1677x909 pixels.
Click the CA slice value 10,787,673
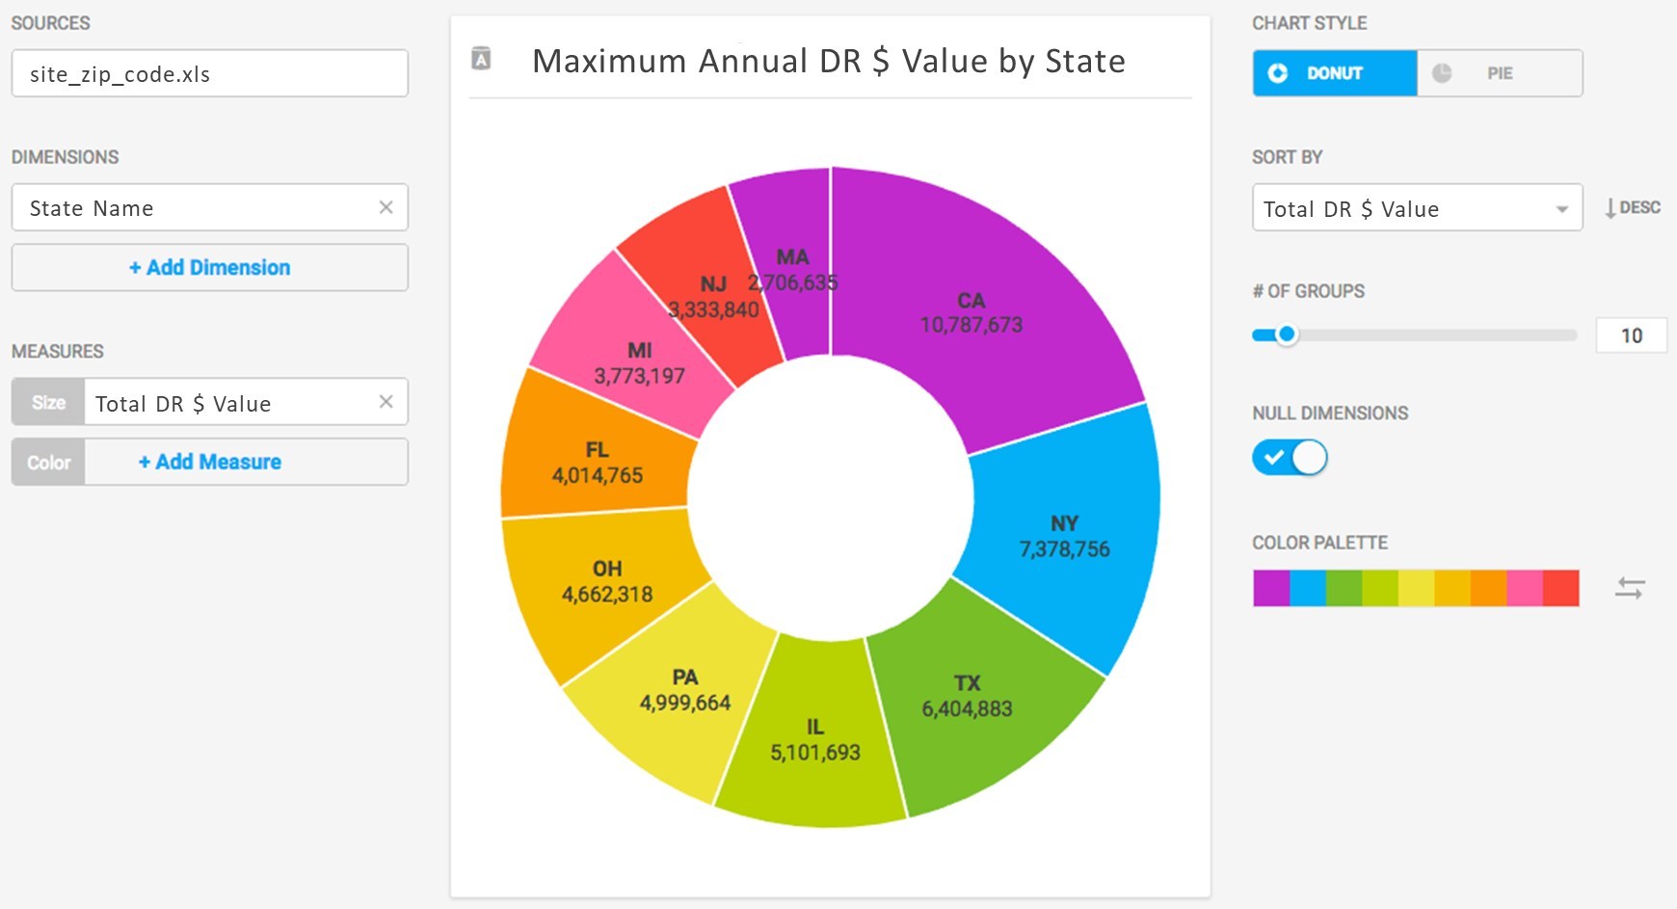click(x=971, y=325)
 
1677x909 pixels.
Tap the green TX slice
click(x=968, y=697)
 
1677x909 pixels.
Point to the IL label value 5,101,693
click(x=814, y=753)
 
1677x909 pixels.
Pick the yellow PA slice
click(x=685, y=690)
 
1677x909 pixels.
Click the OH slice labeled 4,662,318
click(x=607, y=582)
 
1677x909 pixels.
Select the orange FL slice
click(x=597, y=463)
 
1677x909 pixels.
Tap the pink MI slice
click(x=639, y=363)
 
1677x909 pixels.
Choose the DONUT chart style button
click(x=1334, y=73)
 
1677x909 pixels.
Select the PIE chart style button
click(x=1499, y=73)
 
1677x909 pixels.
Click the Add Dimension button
click(x=209, y=267)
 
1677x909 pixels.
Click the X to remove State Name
click(x=386, y=207)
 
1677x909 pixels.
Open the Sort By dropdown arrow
click(x=1561, y=209)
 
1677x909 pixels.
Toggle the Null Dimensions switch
click(x=1290, y=457)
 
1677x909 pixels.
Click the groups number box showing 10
click(x=1631, y=335)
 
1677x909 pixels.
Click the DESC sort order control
click(x=1632, y=207)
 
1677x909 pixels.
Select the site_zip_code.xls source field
click(x=209, y=74)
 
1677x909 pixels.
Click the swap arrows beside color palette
click(x=1629, y=588)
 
